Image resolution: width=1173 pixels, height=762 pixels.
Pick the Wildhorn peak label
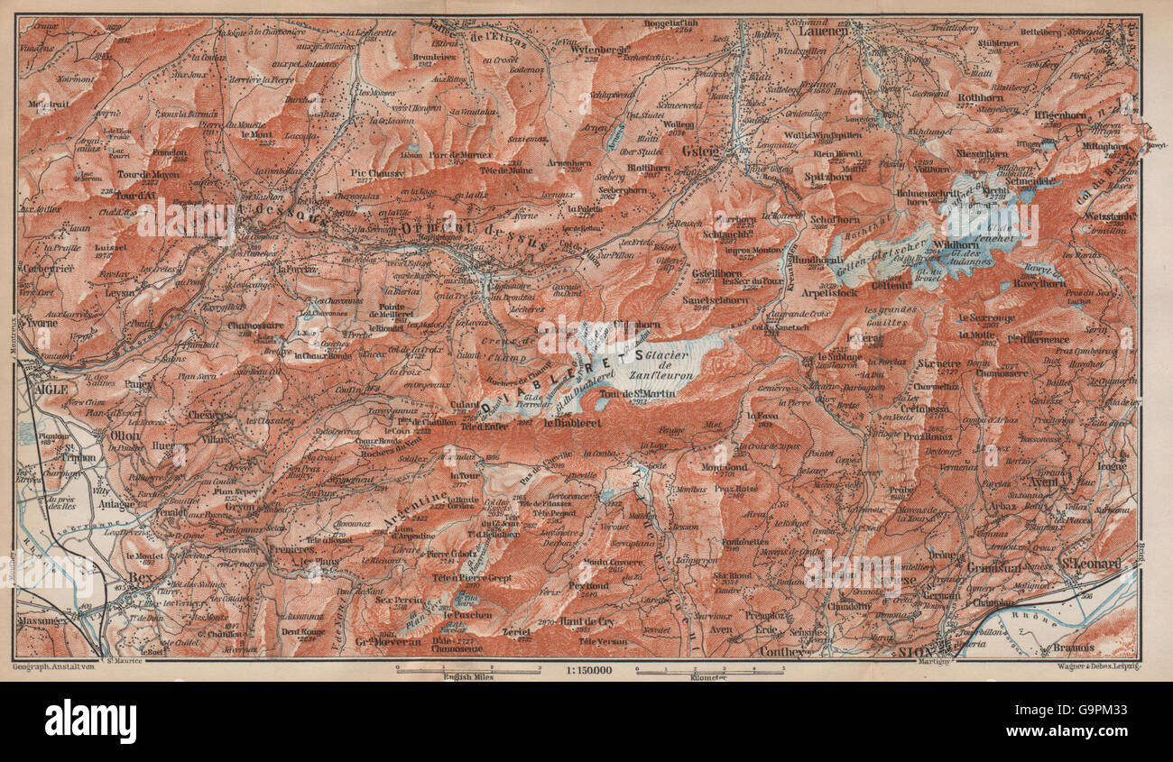pyautogui.click(x=956, y=244)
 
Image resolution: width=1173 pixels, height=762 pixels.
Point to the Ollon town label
pyautogui.click(x=123, y=434)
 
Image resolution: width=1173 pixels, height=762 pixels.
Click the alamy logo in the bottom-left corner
pyautogui.click(x=90, y=721)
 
